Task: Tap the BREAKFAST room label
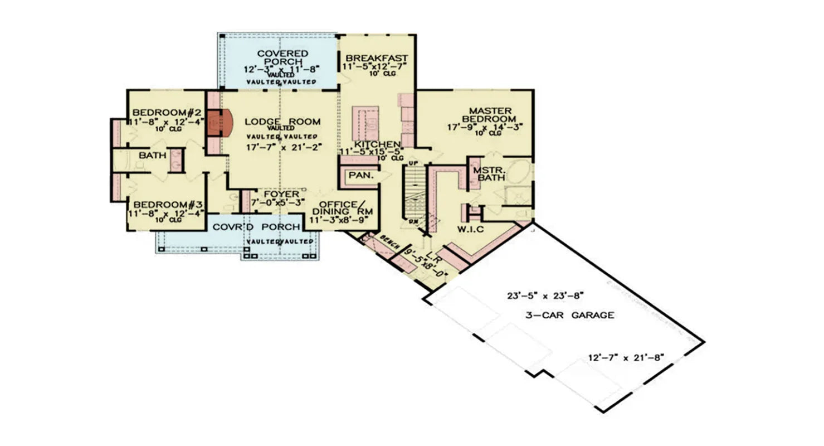(x=377, y=59)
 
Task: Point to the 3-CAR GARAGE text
(x=569, y=316)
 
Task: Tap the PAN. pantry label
(x=361, y=176)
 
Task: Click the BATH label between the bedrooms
(x=153, y=155)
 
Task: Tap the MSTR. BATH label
(x=488, y=173)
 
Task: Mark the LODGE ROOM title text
(x=283, y=122)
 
